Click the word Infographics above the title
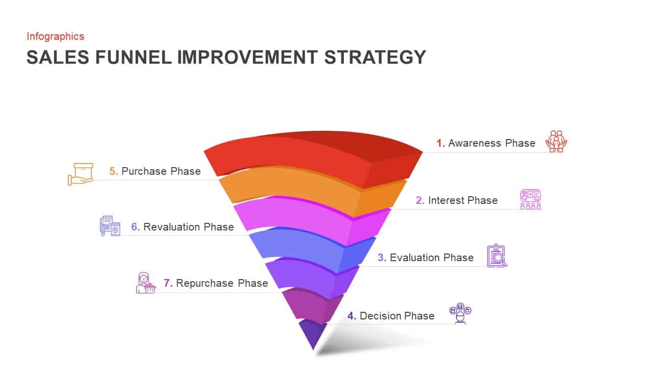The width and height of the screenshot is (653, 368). point(55,36)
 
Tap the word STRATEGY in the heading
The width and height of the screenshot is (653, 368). point(375,57)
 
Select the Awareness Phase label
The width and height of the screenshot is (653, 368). point(486,143)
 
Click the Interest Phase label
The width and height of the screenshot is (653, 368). point(457,200)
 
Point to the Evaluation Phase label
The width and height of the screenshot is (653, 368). point(425,258)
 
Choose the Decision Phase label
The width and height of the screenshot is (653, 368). point(391,316)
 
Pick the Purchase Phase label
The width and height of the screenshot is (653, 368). point(155,171)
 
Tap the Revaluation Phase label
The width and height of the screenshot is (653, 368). point(182,227)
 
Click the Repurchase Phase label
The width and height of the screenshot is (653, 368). point(215,283)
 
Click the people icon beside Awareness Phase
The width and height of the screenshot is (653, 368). point(556,142)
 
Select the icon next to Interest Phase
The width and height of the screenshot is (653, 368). point(531,199)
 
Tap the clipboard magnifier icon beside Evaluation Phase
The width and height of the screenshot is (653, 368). point(496,256)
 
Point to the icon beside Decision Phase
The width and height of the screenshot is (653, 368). point(460,313)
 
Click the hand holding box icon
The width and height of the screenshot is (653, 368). point(81,174)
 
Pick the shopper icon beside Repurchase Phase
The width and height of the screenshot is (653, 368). point(145,283)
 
